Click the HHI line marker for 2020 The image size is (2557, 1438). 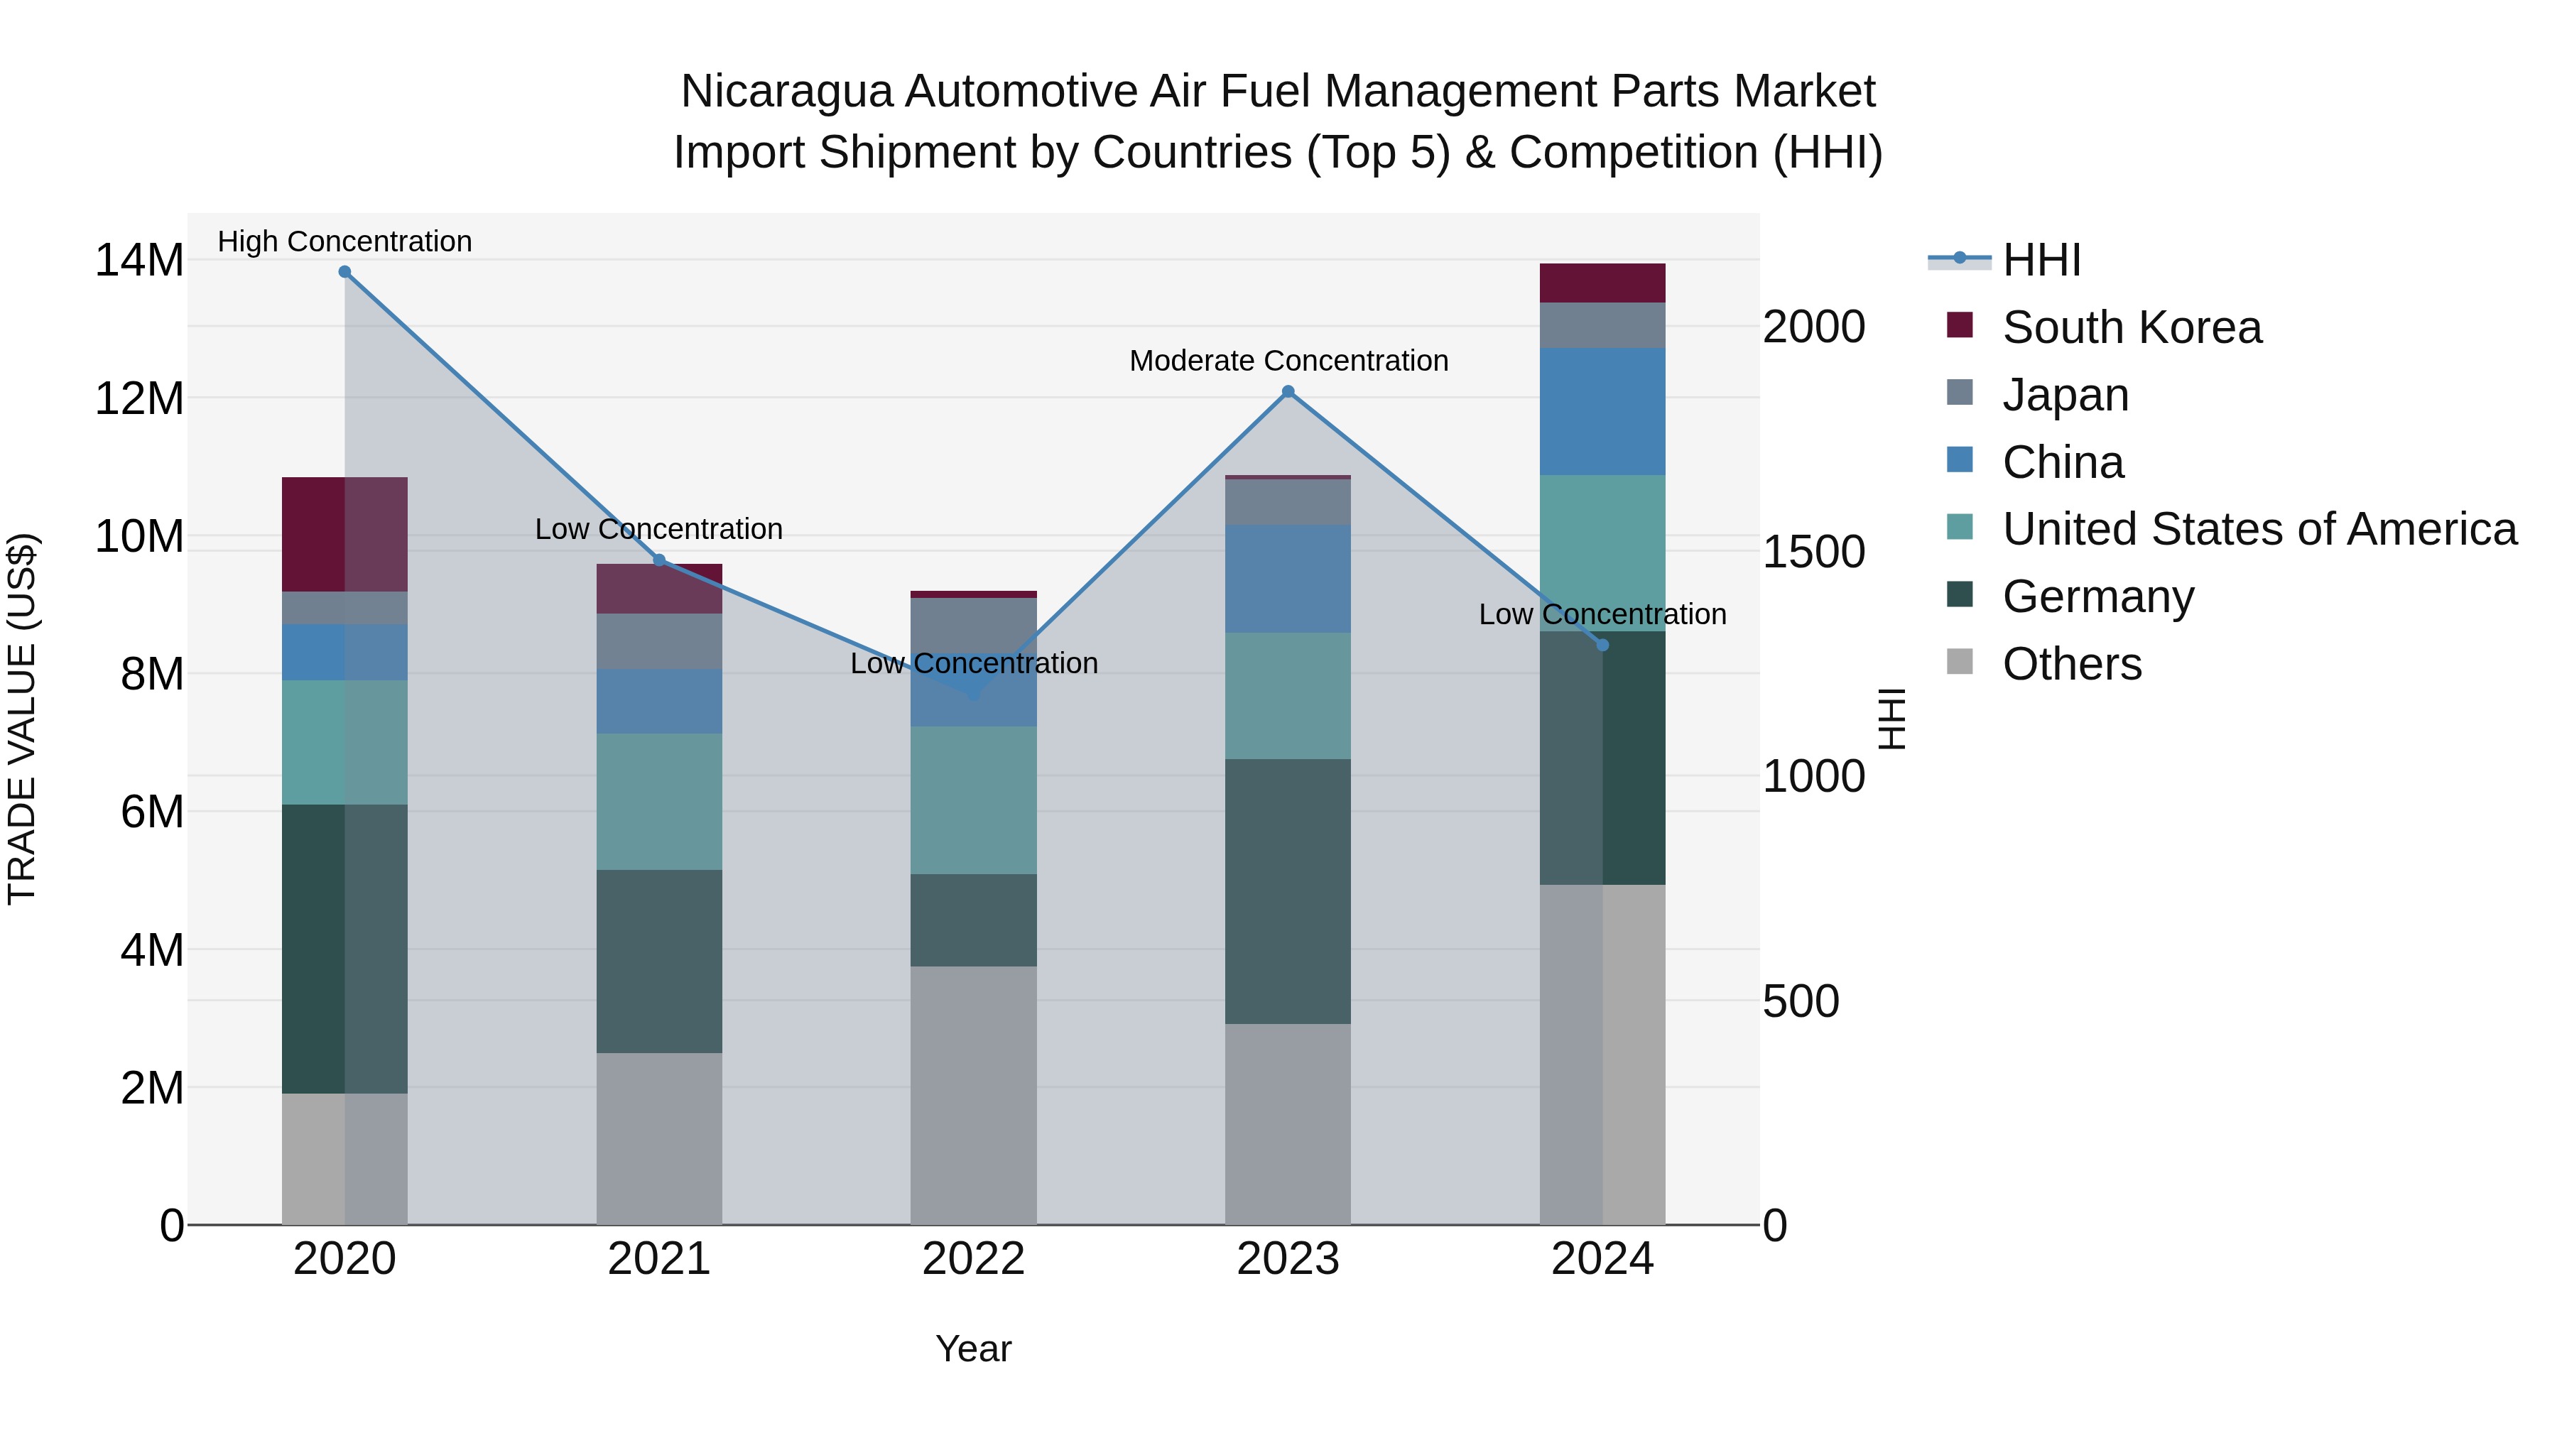(x=344, y=272)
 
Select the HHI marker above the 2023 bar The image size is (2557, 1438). (x=1288, y=392)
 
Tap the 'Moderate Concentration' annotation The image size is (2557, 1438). (x=1288, y=361)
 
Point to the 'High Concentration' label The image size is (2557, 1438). (x=344, y=242)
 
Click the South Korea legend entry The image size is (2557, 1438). (x=2131, y=327)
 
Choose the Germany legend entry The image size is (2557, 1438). (x=2097, y=597)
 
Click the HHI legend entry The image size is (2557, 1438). (x=2041, y=260)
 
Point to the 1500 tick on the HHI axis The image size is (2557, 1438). (x=1813, y=552)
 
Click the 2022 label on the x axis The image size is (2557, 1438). (x=973, y=1259)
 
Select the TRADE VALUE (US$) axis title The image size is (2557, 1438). (x=22, y=719)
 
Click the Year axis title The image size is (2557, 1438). (x=973, y=1349)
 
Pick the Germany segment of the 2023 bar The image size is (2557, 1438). (x=1288, y=891)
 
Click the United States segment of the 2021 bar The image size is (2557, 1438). (x=658, y=802)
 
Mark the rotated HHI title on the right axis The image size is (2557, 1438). (x=1892, y=719)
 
